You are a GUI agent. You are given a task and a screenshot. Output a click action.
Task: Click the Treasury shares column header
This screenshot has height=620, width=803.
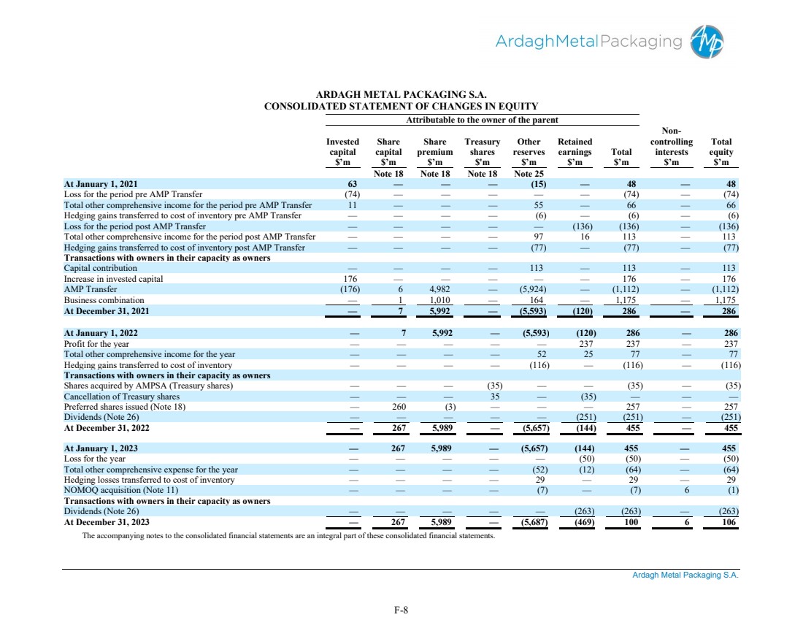pos(482,151)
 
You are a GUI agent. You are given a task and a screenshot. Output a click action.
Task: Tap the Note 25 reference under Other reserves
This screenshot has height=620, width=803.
pos(529,174)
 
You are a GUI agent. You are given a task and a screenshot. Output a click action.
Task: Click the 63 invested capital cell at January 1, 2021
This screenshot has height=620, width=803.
pos(351,184)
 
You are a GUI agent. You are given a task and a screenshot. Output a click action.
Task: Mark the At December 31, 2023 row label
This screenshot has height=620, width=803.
pos(107,522)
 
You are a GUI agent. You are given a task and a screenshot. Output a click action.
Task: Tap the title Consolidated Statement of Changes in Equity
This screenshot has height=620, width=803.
pos(401,107)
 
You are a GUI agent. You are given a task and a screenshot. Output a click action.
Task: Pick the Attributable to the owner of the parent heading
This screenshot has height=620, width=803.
pos(483,120)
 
